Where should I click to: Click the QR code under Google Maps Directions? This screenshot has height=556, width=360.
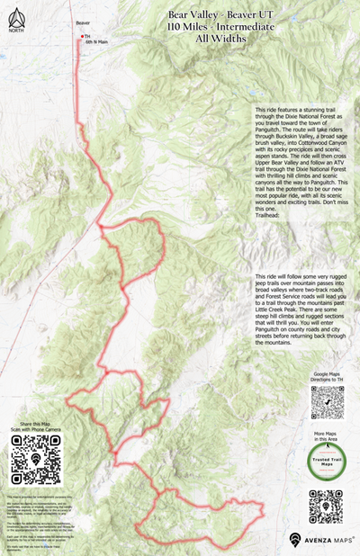328,402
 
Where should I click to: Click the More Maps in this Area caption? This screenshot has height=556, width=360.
328,437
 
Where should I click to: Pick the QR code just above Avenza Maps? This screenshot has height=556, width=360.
326,507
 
